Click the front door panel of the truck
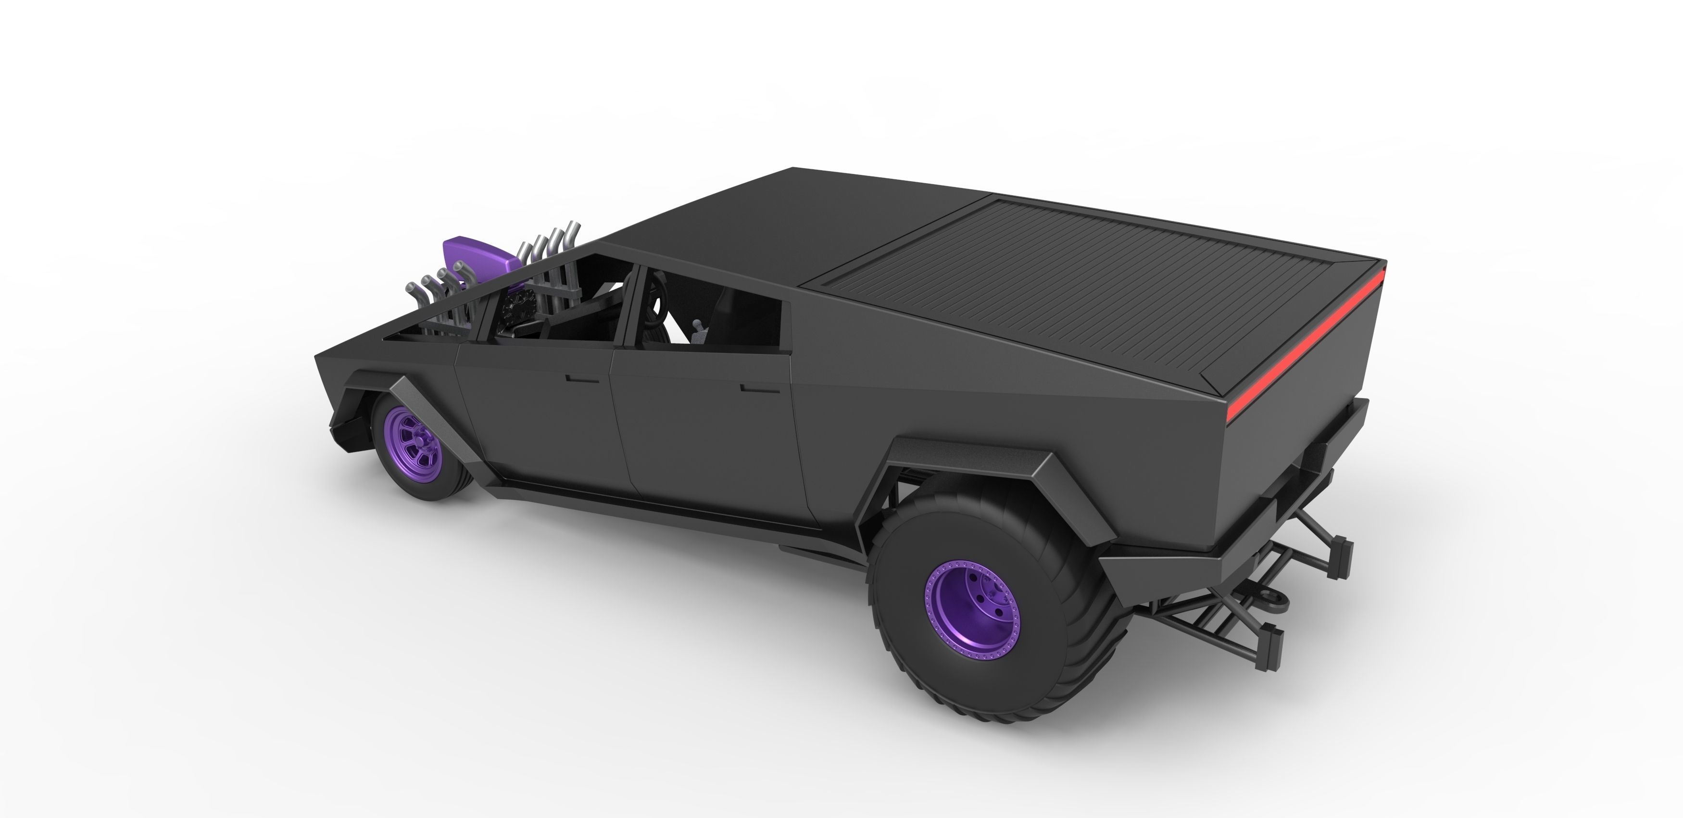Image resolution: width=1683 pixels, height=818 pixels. pyautogui.click(x=536, y=418)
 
